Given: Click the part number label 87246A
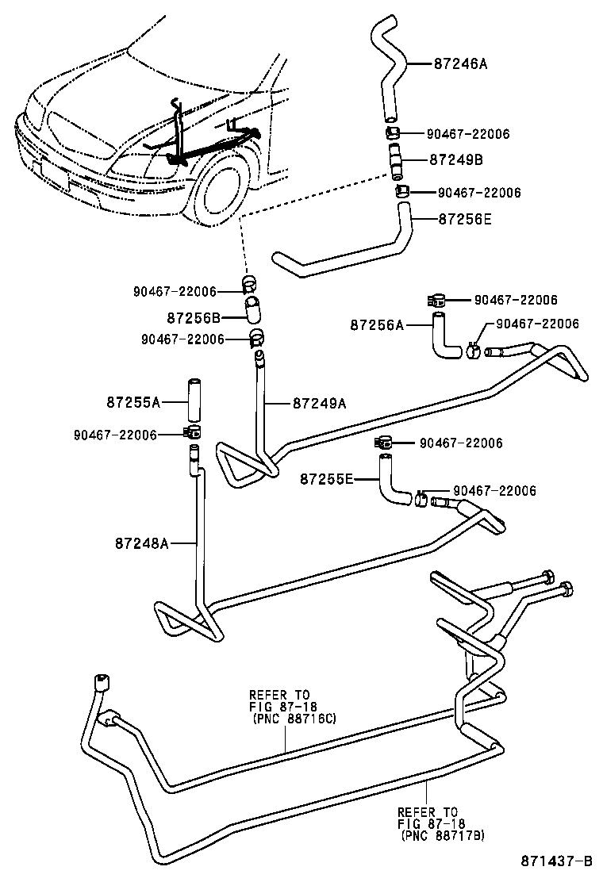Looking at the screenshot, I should click(x=461, y=63).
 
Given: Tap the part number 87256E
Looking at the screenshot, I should click(x=464, y=220).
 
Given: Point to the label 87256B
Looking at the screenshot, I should click(x=194, y=317).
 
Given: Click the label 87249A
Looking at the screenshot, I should click(x=320, y=403).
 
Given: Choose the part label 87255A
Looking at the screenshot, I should click(x=133, y=402).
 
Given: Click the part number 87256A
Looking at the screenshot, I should click(x=378, y=324).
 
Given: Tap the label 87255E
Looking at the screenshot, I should click(x=327, y=478).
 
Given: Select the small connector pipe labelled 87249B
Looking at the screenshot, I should click(x=395, y=160).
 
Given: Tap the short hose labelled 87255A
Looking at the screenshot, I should click(x=191, y=403).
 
